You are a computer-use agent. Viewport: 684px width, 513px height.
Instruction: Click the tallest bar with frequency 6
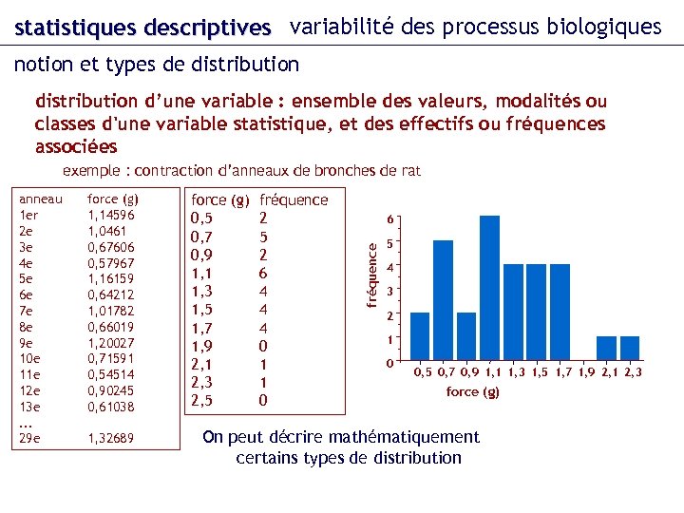pos(489,290)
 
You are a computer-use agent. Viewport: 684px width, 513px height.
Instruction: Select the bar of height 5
pos(443,302)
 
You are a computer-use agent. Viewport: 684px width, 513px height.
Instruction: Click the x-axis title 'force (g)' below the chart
pos(472,391)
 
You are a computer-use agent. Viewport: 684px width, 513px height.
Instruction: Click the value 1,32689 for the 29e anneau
pos(110,438)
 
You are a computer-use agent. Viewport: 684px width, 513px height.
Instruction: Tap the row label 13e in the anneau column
pos(28,407)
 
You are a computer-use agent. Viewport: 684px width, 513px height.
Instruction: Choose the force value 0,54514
pos(110,375)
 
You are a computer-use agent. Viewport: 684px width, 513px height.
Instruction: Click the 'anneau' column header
pos(41,199)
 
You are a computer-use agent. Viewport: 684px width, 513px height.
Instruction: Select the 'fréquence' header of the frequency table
pos(294,200)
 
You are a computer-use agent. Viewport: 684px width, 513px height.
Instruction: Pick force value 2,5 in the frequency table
pos(201,400)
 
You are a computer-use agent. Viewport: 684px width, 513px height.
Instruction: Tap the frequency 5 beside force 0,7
pos(264,237)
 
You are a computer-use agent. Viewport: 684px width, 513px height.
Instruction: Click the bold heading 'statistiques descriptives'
pos(142,28)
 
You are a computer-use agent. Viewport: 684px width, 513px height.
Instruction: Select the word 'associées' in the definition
pos(76,147)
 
